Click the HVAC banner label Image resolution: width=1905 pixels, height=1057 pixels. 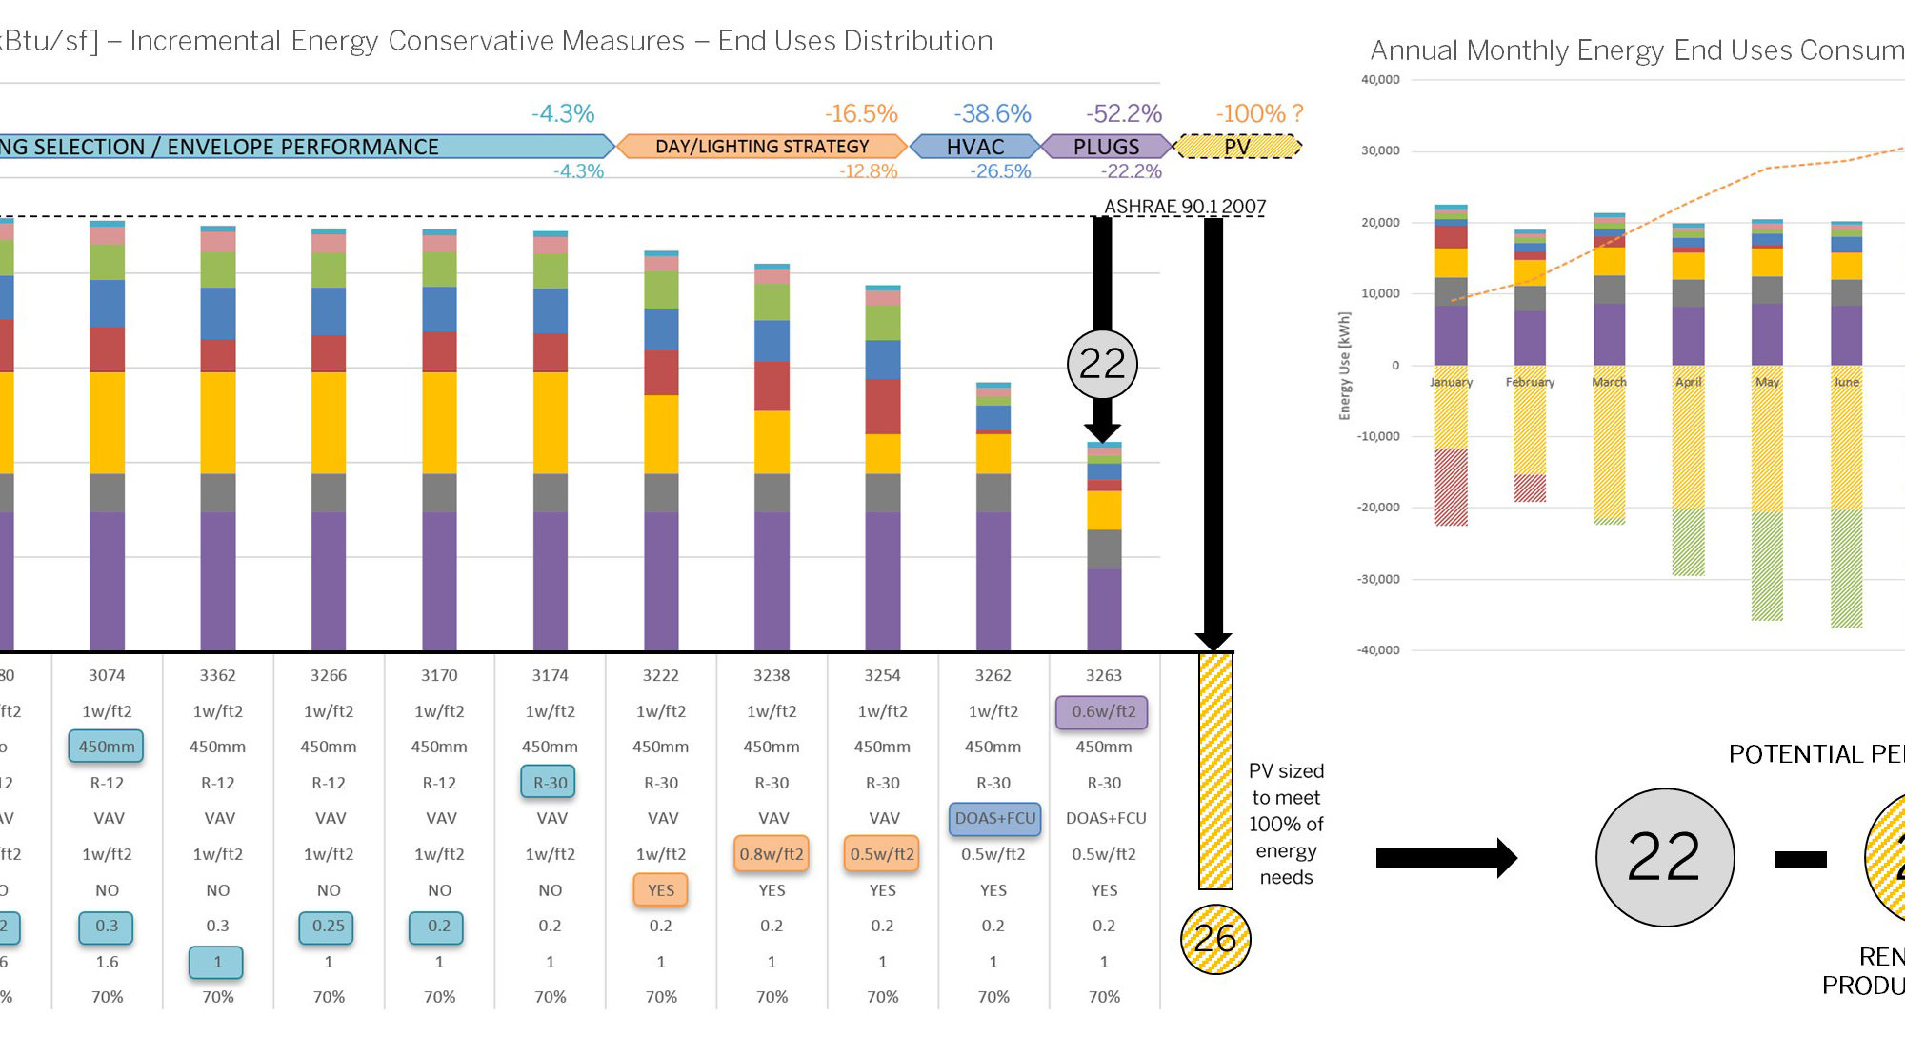975,147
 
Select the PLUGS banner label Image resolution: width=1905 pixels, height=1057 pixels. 1106,147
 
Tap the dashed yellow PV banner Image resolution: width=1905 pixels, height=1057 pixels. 1237,147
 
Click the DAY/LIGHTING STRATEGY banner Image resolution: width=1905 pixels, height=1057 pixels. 762,147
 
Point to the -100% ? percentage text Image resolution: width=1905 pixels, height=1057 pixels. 1259,114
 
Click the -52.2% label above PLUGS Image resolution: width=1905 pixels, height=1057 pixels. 1124,114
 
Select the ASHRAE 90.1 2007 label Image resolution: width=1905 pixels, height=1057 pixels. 1185,207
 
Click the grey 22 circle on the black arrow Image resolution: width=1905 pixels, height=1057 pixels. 1102,364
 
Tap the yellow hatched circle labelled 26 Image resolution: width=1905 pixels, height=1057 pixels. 1215,939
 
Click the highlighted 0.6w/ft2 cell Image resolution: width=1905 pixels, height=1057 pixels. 1103,711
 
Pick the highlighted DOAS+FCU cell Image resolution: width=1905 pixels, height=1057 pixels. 994,818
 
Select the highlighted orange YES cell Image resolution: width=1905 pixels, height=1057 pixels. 661,890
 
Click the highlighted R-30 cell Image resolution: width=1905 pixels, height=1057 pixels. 550,783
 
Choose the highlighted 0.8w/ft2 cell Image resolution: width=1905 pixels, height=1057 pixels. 772,854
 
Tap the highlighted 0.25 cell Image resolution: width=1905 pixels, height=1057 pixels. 328,926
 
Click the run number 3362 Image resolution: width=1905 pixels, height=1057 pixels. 217,675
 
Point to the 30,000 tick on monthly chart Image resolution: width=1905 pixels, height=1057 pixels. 1380,150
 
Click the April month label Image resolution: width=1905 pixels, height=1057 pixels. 1688,382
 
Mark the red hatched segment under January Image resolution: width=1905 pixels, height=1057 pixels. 1451,487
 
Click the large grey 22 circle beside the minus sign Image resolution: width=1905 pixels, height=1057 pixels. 1664,857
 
